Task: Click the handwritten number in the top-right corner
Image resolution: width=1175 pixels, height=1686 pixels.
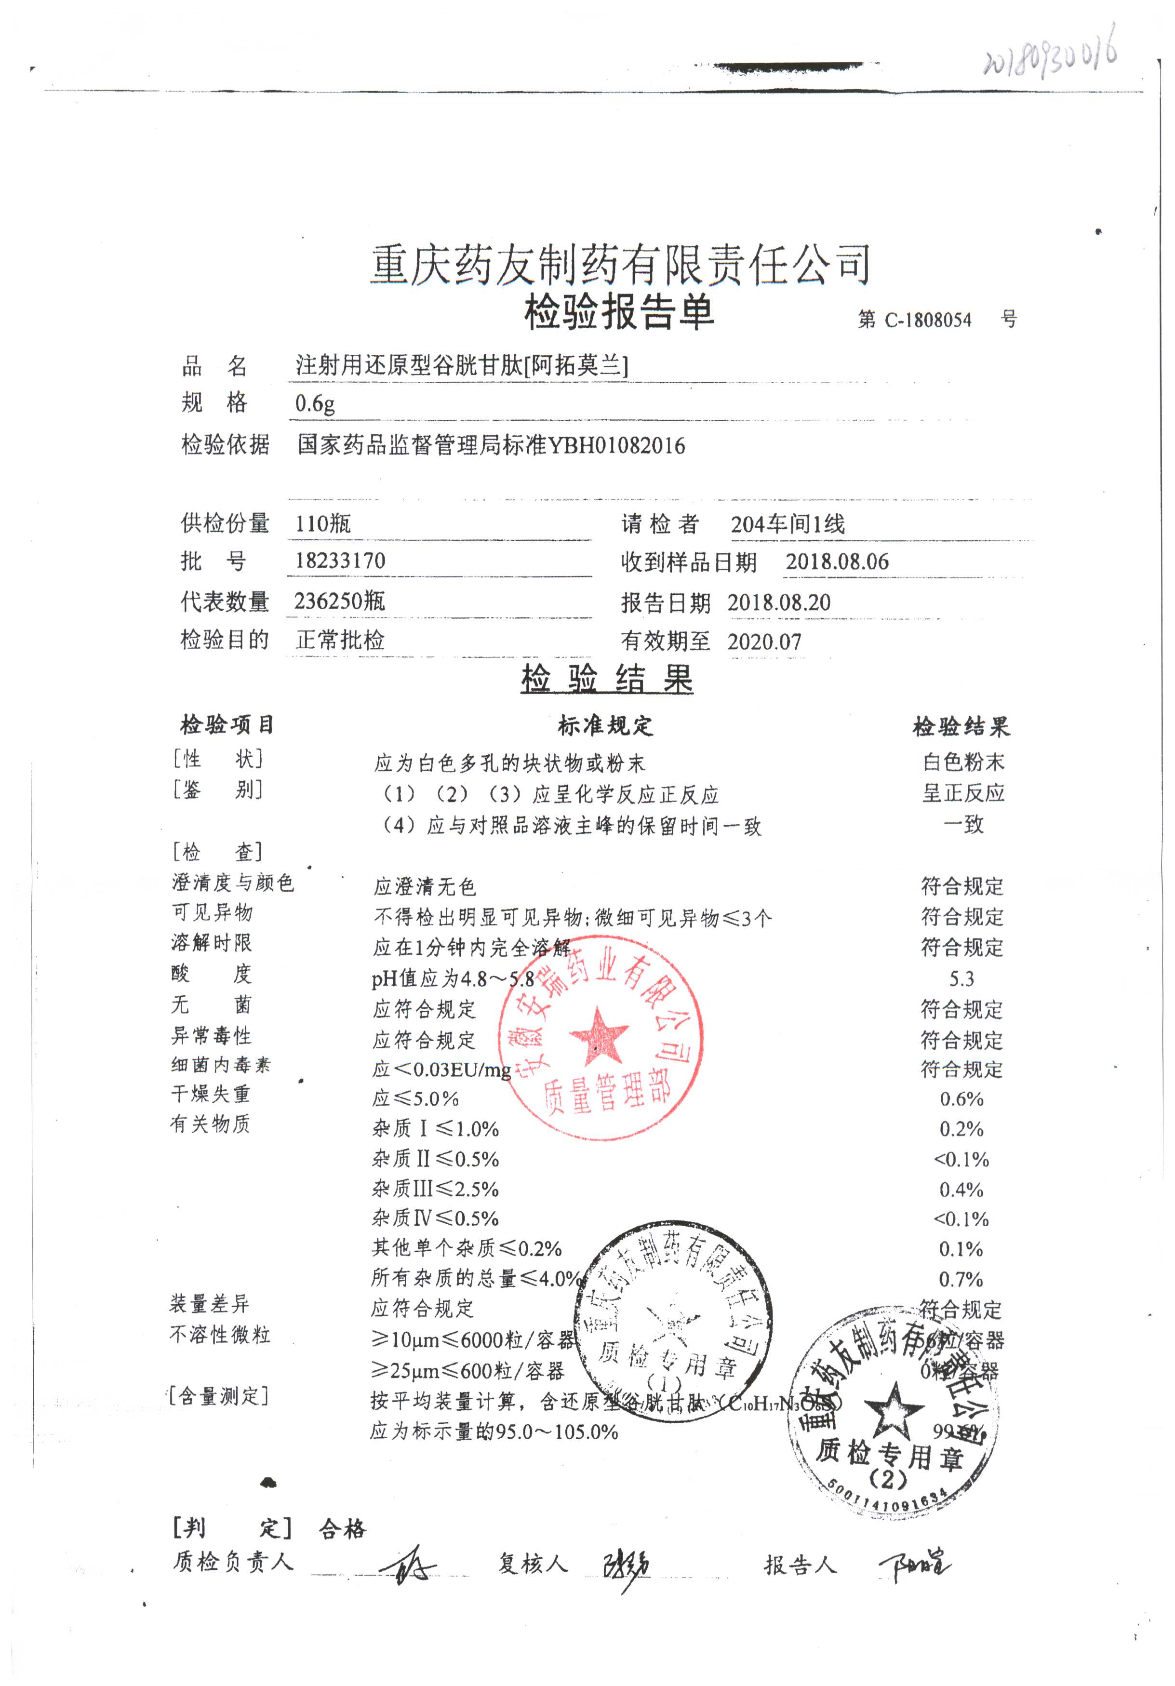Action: click(x=1050, y=54)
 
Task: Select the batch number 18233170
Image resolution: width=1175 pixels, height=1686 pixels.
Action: click(x=340, y=561)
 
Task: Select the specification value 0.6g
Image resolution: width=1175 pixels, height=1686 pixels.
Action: click(x=315, y=403)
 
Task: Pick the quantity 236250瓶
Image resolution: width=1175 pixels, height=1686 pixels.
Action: click(x=339, y=602)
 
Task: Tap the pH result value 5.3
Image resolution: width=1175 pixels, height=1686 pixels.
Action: click(x=961, y=979)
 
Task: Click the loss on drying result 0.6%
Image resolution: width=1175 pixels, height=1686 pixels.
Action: click(x=961, y=1099)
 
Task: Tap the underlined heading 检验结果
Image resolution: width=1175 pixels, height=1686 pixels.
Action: click(x=607, y=679)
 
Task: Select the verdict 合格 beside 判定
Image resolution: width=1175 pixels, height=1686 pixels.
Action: click(x=342, y=1529)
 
